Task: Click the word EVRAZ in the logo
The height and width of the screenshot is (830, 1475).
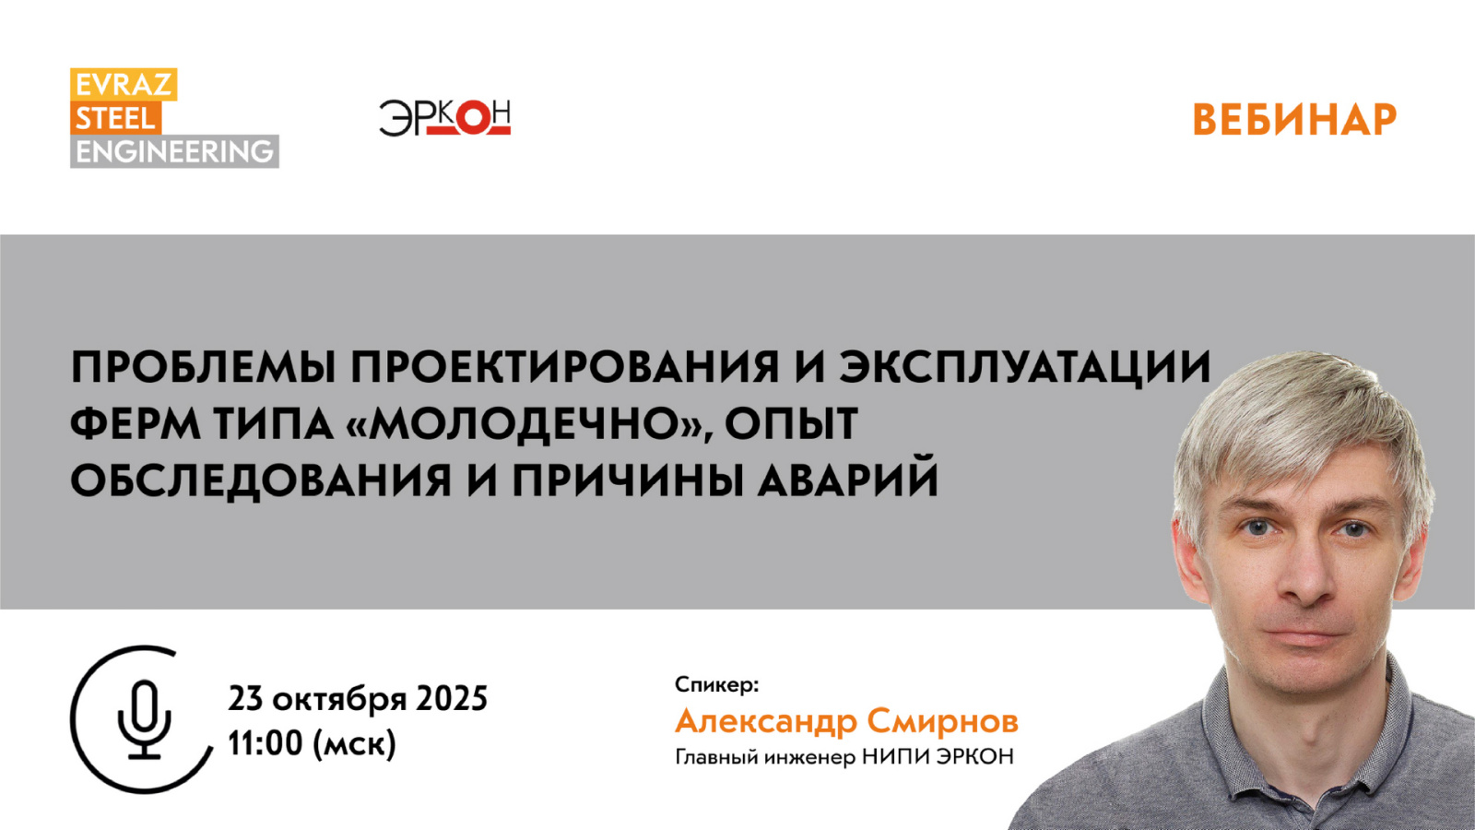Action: tap(124, 85)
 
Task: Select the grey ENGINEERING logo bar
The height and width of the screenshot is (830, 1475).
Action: tap(174, 151)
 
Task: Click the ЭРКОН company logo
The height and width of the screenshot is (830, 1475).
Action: tap(444, 118)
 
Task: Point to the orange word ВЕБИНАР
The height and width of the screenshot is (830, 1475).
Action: tap(1294, 120)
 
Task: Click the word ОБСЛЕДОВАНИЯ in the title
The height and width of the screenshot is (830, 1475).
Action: tap(261, 480)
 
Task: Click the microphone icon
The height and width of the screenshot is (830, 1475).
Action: tap(144, 719)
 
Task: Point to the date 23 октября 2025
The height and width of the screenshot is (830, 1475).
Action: tap(358, 698)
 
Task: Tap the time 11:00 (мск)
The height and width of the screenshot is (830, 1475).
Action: tap(313, 743)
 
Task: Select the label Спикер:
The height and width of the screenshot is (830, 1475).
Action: tap(717, 685)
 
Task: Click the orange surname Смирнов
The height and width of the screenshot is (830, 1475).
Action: tap(942, 721)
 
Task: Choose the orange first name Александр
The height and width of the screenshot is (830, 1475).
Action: tap(765, 722)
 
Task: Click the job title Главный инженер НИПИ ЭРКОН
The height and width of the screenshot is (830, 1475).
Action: tap(844, 757)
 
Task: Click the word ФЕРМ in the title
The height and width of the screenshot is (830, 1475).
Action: tap(135, 423)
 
